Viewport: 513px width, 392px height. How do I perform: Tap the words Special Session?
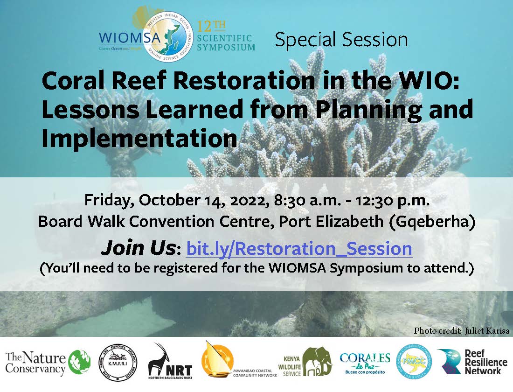tap(341, 40)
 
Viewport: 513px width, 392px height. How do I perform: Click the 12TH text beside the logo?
tap(205, 26)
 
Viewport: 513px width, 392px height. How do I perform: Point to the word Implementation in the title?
tap(139, 139)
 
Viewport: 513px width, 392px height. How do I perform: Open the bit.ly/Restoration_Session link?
tap(299, 249)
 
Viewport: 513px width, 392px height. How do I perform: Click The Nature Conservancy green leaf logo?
tap(80, 364)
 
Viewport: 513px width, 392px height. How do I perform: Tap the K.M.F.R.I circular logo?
tap(118, 362)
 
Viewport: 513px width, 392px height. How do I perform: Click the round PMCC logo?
tap(414, 362)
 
